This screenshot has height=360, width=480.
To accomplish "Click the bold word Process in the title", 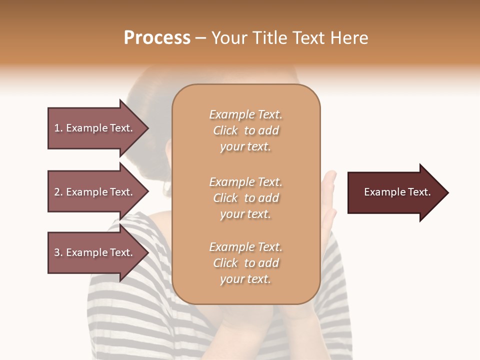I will [x=157, y=38].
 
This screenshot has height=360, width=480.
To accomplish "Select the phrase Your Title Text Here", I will [x=289, y=38].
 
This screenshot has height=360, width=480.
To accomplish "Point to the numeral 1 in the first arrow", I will [x=57, y=128].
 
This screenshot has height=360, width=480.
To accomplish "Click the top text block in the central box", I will [x=245, y=130].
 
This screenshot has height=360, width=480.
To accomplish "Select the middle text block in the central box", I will [x=245, y=198].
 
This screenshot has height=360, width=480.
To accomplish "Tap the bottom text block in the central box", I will [x=245, y=263].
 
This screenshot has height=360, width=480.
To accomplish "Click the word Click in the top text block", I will [x=225, y=130].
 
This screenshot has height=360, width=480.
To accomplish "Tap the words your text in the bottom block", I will [x=245, y=279].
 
